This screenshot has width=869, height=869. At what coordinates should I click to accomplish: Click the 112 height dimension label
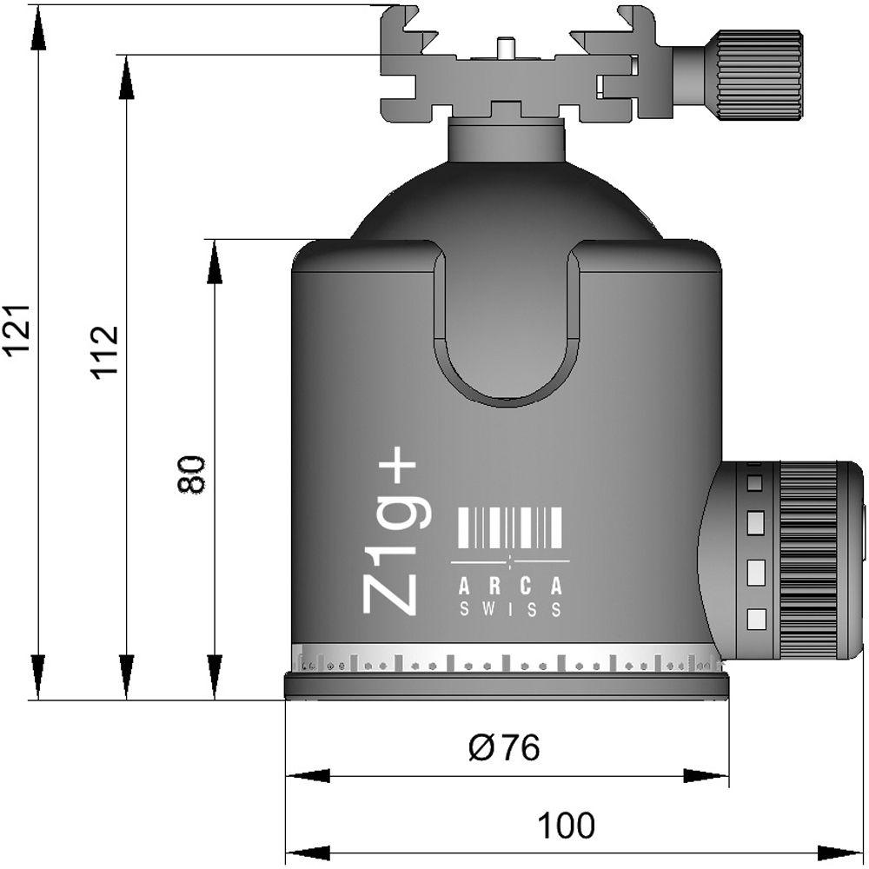tap(105, 352)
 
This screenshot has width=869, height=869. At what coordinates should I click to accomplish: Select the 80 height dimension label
tap(191, 474)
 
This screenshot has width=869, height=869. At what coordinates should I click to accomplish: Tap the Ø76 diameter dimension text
tap(504, 746)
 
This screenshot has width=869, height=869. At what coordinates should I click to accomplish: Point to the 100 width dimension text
tap(566, 826)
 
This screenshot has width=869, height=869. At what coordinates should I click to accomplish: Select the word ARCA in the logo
tap(510, 587)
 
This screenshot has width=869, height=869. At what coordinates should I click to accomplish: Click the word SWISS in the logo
tap(510, 610)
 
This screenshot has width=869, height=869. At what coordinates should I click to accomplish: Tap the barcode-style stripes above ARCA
tap(510, 527)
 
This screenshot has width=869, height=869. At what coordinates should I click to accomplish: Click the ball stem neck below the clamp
tap(506, 140)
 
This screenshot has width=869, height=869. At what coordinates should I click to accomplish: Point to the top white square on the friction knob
tap(755, 483)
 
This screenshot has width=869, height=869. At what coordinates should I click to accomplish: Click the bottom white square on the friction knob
tap(756, 619)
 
